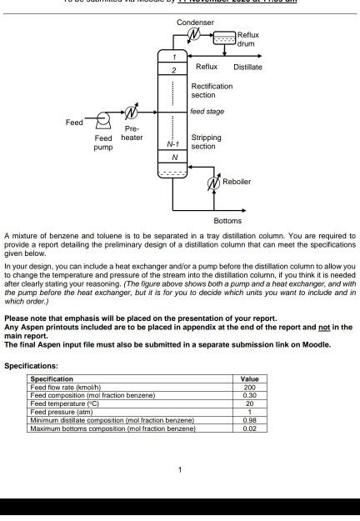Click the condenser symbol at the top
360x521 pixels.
point(194,33)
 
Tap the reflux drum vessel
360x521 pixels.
point(225,38)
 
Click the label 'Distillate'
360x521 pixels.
point(247,67)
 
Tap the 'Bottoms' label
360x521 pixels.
point(227,221)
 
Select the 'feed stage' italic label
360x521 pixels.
point(207,111)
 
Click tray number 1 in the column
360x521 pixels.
point(174,55)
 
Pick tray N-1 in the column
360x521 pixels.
point(174,144)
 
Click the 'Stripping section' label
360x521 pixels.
point(206,142)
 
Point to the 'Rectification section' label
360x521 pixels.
point(212,90)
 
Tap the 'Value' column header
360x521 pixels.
point(249,379)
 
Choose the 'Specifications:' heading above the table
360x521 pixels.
point(31,365)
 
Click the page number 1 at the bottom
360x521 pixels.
point(180,469)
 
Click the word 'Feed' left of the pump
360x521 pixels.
point(75,123)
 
